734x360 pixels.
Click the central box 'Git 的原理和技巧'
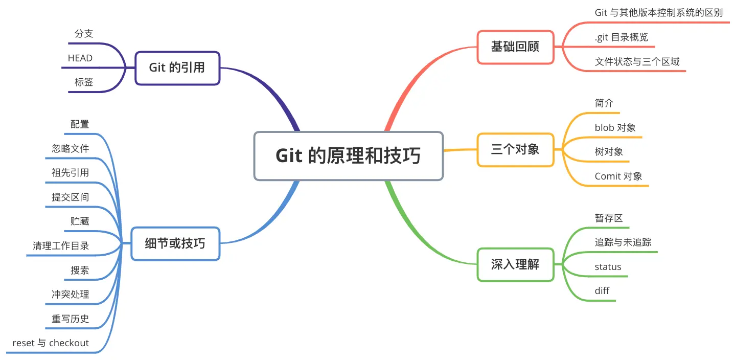tap(349, 156)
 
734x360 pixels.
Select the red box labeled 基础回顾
tap(515, 47)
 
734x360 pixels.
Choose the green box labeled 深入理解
tap(515, 264)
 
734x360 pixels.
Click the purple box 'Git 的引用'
tap(177, 67)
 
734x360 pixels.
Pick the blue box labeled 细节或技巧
tap(175, 243)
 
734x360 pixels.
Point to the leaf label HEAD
tap(80, 58)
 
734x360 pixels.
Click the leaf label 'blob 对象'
tap(615, 127)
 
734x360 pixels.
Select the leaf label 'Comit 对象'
tap(618, 176)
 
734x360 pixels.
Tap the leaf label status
tap(608, 266)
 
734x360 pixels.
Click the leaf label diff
tap(602, 291)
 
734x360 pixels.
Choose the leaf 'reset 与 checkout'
tap(51, 343)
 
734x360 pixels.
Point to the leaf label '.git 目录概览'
tap(622, 37)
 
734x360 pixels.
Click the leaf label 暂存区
tap(609, 218)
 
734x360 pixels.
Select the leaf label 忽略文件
tap(71, 149)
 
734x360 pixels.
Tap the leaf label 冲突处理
tap(71, 294)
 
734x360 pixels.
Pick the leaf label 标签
tap(84, 82)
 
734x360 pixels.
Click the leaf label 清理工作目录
tap(61, 246)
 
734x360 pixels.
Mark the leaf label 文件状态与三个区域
tap(637, 62)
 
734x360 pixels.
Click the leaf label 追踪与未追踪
tap(623, 242)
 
